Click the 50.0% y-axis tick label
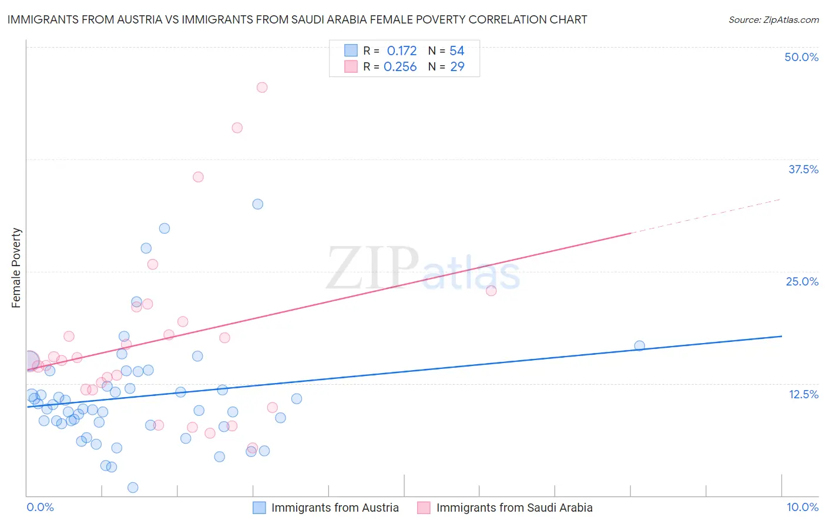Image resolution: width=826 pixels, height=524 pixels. (x=801, y=57)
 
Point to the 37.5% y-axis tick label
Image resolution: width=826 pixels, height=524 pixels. (x=803, y=169)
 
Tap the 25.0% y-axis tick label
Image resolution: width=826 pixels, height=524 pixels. (x=802, y=281)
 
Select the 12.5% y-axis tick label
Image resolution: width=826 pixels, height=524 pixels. (x=803, y=394)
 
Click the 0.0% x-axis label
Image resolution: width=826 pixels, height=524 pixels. (x=40, y=507)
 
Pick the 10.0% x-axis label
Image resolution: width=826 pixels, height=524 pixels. (x=803, y=507)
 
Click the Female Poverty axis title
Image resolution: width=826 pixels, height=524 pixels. (x=16, y=268)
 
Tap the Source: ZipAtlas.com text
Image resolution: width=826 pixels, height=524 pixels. (x=773, y=20)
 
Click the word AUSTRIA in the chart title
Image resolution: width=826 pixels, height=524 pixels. (x=137, y=19)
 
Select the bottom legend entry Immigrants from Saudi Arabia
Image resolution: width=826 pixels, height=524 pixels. (x=514, y=508)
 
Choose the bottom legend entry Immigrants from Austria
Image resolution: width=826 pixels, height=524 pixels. (x=335, y=508)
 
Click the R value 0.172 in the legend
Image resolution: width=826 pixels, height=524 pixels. (x=402, y=51)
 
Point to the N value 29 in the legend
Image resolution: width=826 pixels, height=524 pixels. (x=457, y=67)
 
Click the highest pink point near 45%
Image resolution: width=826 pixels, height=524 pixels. (x=262, y=88)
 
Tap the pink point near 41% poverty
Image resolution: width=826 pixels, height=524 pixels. (x=237, y=127)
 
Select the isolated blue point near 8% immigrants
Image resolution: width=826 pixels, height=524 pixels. (x=640, y=346)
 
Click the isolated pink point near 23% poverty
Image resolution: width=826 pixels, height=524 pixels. (x=491, y=291)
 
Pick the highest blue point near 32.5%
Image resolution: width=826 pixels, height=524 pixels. (x=258, y=204)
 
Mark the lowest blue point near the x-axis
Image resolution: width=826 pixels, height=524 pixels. (x=133, y=488)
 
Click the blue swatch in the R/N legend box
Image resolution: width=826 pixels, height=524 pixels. (x=351, y=51)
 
